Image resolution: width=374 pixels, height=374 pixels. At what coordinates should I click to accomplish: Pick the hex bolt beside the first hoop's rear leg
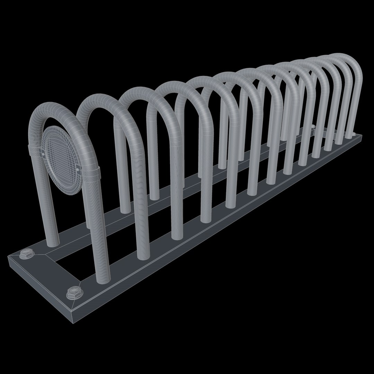[x=26, y=255]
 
